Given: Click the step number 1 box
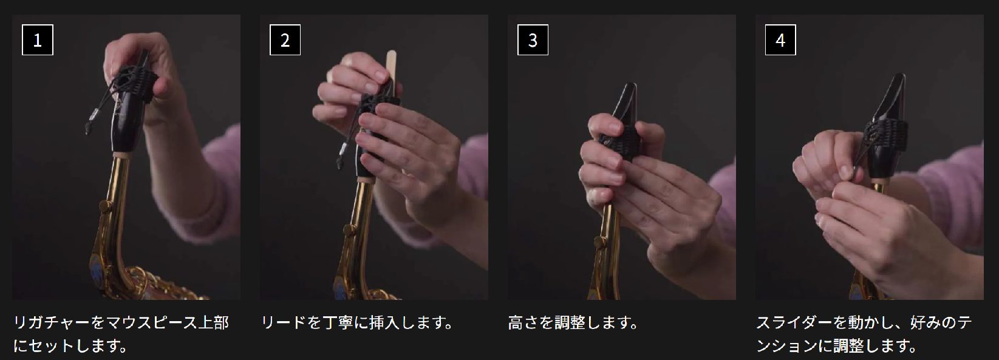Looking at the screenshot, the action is [x=38, y=40].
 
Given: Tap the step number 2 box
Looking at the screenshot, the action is [x=285, y=40].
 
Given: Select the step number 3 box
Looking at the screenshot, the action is [x=533, y=40].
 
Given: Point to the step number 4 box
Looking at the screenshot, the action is [x=780, y=40].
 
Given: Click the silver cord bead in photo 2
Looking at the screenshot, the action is [x=343, y=149].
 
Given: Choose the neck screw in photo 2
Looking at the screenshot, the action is [x=349, y=231].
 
